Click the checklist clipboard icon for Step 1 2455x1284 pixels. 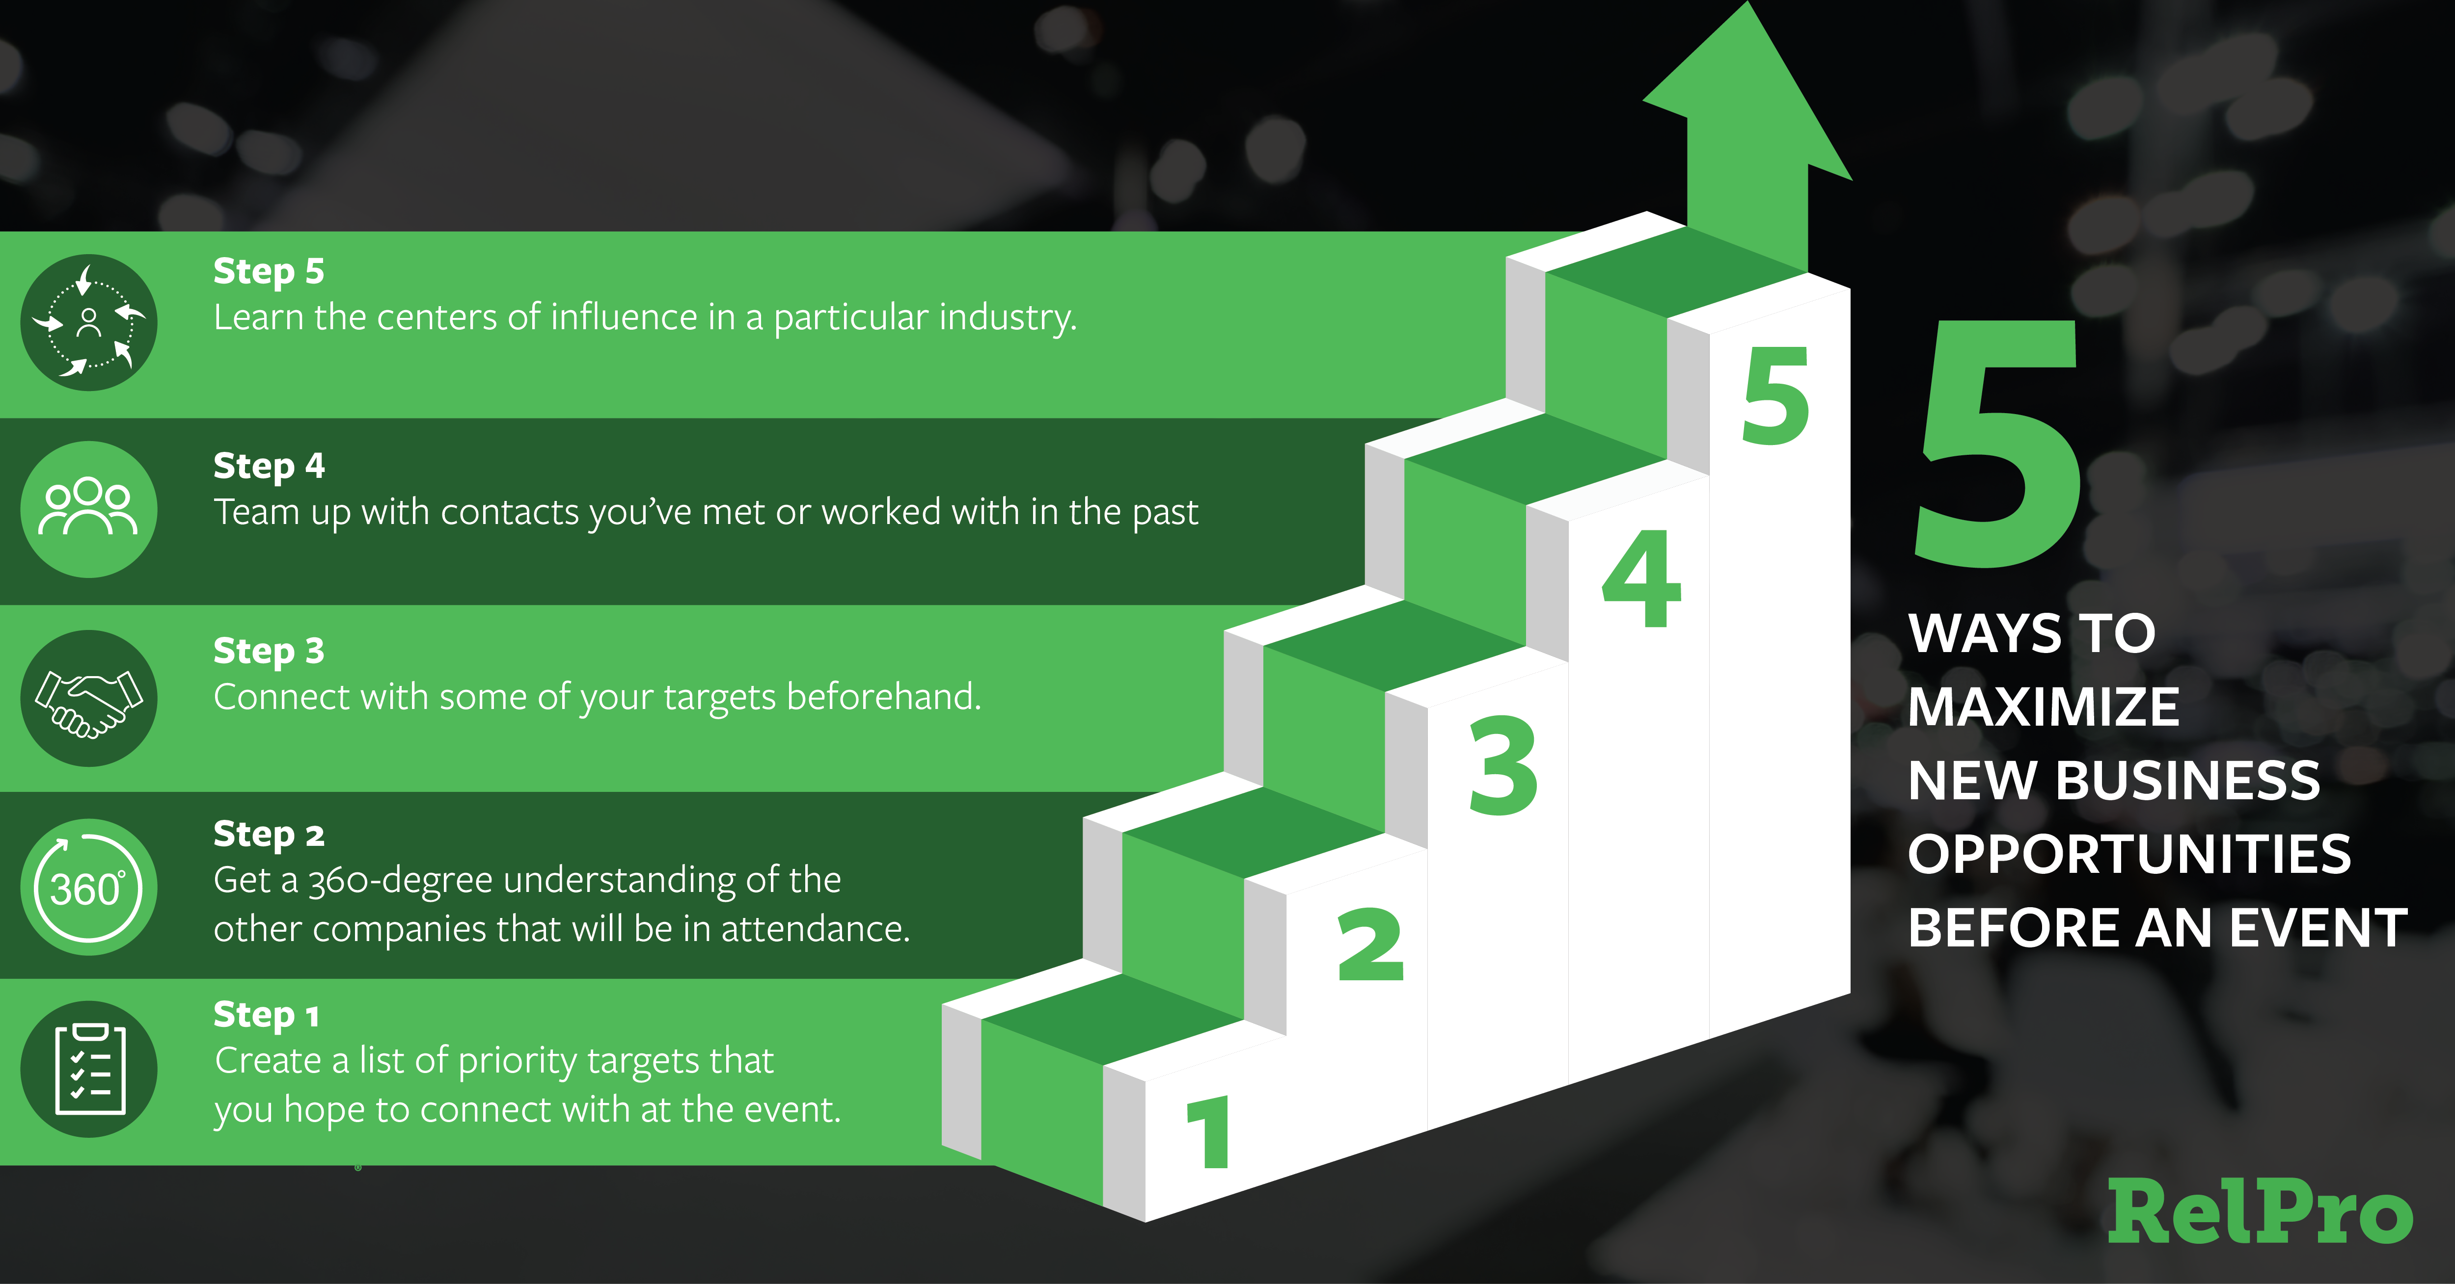pyautogui.click(x=89, y=1069)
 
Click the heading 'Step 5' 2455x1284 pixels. pyautogui.click(x=269, y=271)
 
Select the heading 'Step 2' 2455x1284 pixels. pyautogui.click(x=269, y=835)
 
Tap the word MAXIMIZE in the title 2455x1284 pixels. pyautogui.click(x=2043, y=707)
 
